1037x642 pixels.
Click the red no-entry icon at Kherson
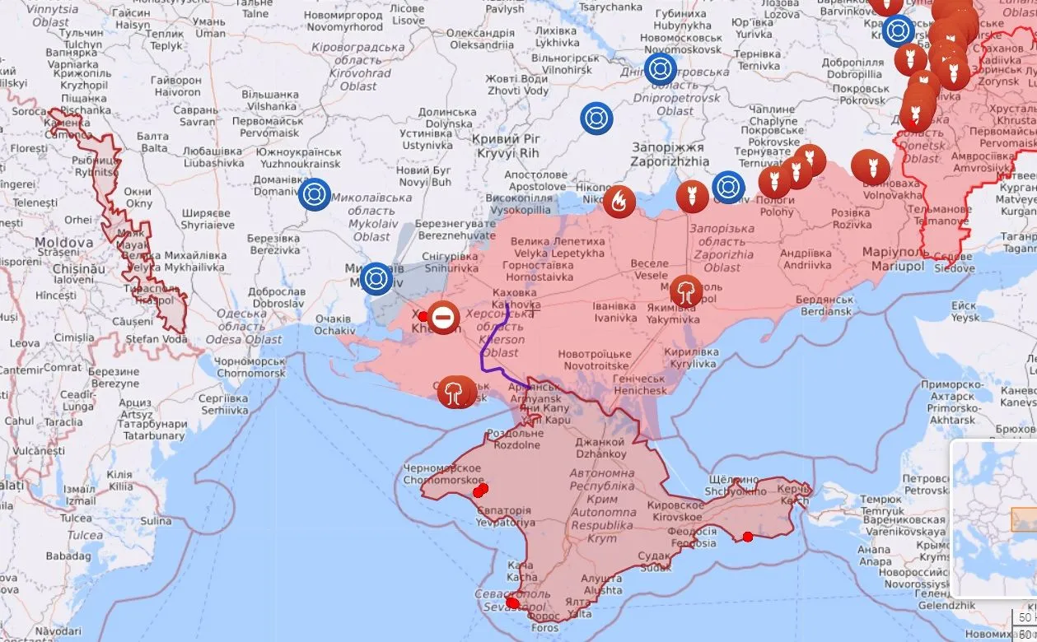click(x=444, y=317)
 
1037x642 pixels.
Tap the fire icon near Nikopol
click(x=619, y=201)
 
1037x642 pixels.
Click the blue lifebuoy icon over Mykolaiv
click(x=376, y=278)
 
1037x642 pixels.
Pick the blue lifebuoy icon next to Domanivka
click(x=314, y=195)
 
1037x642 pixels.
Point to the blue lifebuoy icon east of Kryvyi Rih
click(x=596, y=119)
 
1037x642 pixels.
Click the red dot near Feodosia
click(x=747, y=537)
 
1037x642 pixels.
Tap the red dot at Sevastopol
click(x=512, y=603)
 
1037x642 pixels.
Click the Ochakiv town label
click(x=334, y=324)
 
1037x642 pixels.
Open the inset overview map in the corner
click(x=993, y=519)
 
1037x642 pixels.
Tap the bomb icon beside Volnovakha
click(x=869, y=167)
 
